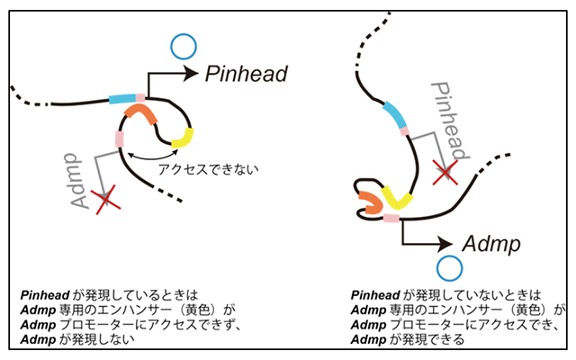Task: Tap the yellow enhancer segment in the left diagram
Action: (x=183, y=138)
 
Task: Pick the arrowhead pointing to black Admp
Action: (x=445, y=243)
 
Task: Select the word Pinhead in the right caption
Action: (x=372, y=294)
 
